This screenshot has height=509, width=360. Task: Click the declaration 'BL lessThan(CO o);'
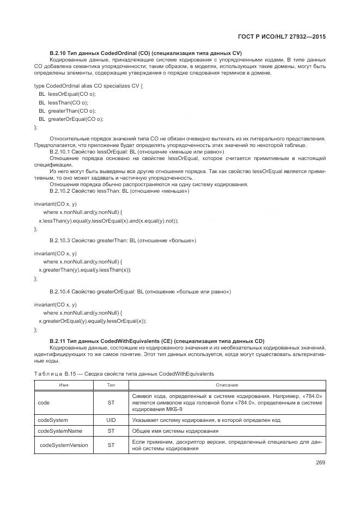(63, 102)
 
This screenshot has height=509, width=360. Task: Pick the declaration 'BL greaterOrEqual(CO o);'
(71, 119)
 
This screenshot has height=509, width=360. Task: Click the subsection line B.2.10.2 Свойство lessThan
(119, 191)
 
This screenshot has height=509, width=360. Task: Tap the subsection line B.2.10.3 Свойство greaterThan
(123, 240)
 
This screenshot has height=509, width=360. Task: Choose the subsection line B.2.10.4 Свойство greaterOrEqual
(140, 292)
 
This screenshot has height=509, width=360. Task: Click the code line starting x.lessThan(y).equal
(108, 220)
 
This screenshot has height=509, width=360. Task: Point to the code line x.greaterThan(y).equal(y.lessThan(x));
(84, 269)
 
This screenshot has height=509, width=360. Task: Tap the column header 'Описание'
(227, 385)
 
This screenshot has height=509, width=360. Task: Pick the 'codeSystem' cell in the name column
(52, 420)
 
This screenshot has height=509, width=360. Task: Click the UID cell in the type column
(111, 420)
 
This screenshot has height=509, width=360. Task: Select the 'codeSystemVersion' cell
(63, 445)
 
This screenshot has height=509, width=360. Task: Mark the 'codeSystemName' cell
(60, 431)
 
